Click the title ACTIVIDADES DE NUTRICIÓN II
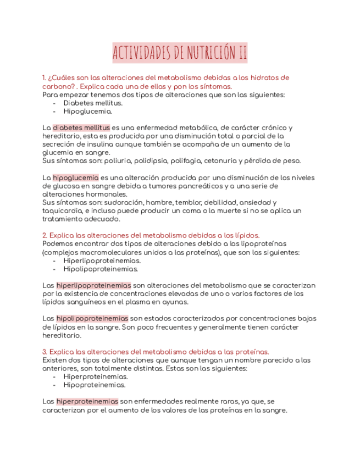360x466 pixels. (x=180, y=53)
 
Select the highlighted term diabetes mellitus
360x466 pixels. (x=81, y=127)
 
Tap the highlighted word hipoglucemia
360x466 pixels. (x=76, y=177)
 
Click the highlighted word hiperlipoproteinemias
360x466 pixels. (x=93, y=285)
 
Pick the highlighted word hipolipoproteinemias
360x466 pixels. (x=92, y=318)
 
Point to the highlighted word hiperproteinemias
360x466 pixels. (x=87, y=402)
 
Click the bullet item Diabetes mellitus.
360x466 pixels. (x=93, y=103)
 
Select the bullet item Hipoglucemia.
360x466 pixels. (x=87, y=111)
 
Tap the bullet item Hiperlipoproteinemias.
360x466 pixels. (x=102, y=261)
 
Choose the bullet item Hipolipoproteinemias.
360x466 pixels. (x=101, y=269)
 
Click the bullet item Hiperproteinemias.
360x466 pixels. (x=96, y=376)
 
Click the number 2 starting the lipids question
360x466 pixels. (x=44, y=235)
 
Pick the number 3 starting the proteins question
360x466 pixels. (x=44, y=351)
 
